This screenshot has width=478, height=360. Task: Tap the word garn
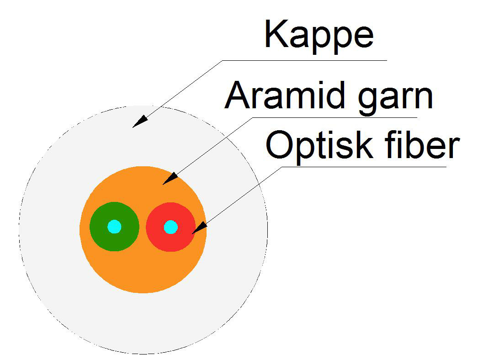(x=396, y=99)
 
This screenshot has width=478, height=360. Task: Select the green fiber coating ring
(x=97, y=227)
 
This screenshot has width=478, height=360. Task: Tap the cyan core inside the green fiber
(x=114, y=227)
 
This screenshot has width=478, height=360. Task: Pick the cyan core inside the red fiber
(x=171, y=227)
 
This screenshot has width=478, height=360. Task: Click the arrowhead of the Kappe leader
(x=140, y=122)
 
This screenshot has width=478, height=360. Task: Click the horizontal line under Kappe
(x=305, y=60)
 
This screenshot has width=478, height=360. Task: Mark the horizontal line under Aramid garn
(x=335, y=118)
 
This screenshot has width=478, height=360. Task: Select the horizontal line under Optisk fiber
(x=364, y=167)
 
